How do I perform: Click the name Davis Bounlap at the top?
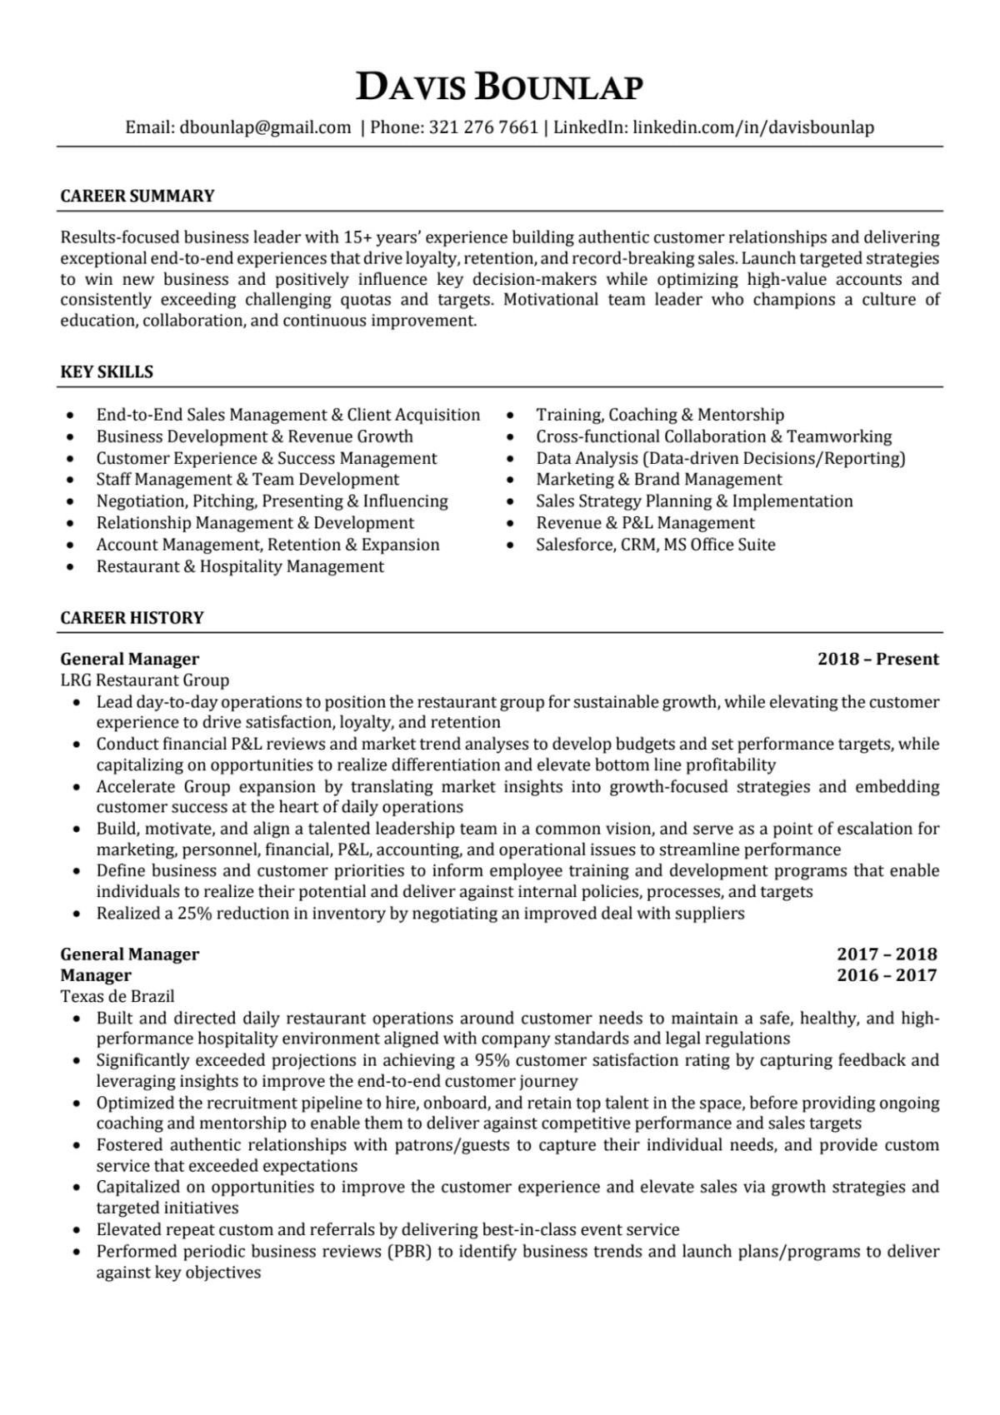coord(499,87)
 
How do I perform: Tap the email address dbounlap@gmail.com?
coord(265,127)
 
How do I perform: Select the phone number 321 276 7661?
coord(483,127)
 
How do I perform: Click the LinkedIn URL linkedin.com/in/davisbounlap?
coord(753,127)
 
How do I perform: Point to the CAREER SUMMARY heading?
coord(137,197)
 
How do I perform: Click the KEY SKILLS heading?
coord(107,372)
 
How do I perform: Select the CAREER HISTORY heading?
coord(132,618)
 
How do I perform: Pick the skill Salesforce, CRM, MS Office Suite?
coord(655,545)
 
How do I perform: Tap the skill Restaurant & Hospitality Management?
coord(240,566)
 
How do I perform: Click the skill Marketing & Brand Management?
coord(658,480)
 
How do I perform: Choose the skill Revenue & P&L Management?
coord(645,523)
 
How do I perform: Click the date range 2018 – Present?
coord(877,660)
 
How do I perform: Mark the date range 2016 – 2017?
coord(887,975)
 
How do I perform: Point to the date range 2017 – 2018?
coord(887,954)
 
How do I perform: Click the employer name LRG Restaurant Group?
coord(144,680)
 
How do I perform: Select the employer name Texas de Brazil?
coord(117,996)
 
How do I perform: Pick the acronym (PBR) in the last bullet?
coord(407,1251)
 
